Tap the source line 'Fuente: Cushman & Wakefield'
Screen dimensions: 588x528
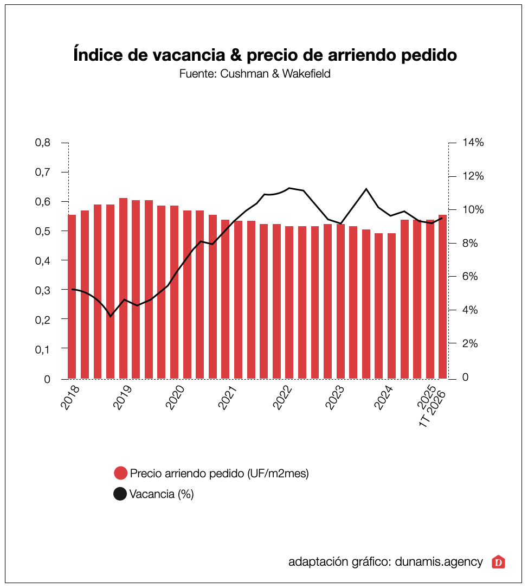tap(255, 74)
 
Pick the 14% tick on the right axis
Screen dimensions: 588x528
tap(473, 143)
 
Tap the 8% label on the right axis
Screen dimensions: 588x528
tap(469, 243)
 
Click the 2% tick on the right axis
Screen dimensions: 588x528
tap(469, 343)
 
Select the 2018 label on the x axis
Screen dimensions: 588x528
tap(70, 397)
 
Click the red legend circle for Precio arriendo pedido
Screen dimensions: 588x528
tap(120, 473)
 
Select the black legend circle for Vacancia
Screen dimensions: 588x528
tap(120, 494)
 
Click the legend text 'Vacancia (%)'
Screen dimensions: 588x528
tap(162, 494)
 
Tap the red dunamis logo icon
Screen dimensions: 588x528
tap(498, 562)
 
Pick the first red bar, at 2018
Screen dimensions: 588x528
tap(72, 297)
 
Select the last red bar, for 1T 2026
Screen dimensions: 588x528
tap(443, 297)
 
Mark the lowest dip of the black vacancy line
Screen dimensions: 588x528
tap(111, 316)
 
